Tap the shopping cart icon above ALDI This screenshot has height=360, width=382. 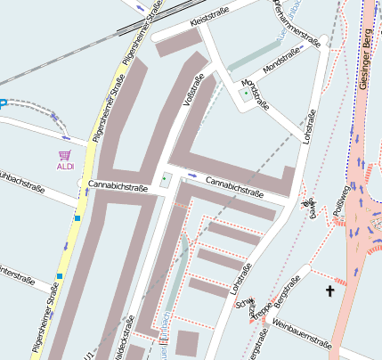(65, 155)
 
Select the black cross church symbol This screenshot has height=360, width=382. (331, 290)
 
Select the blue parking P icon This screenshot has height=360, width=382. (3, 103)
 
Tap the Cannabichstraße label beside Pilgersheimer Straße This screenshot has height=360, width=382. (118, 187)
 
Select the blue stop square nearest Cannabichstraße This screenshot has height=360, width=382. (78, 217)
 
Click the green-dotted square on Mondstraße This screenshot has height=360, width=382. (247, 92)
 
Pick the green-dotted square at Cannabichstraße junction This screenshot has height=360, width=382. (164, 181)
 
